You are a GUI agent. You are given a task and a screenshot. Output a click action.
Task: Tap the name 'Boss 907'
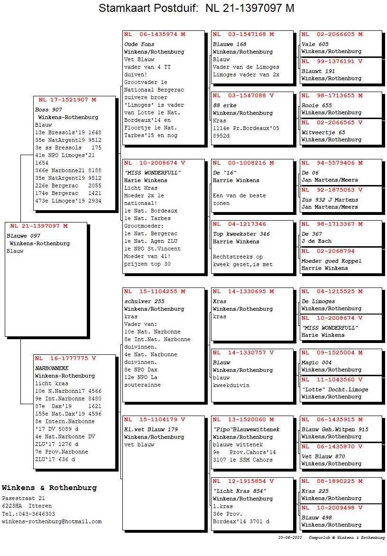[48, 110]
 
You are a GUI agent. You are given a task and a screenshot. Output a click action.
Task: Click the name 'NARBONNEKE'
[52, 368]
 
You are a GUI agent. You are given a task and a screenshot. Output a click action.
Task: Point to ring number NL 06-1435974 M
[155, 34]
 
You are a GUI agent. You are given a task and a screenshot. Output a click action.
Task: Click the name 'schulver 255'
[144, 301]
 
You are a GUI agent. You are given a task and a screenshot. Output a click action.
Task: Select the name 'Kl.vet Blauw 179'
[151, 429]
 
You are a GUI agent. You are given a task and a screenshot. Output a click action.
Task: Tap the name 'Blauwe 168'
[230, 44]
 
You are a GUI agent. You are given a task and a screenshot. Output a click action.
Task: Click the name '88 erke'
[224, 105]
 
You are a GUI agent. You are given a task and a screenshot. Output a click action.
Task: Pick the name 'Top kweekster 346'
[241, 234]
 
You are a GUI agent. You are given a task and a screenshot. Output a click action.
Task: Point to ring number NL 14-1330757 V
[243, 352]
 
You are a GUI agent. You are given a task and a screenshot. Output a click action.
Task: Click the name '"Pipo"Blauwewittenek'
[246, 429]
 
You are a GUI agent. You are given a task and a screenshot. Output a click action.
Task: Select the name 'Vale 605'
[315, 44]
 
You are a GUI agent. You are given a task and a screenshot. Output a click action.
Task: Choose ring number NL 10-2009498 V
[332, 508]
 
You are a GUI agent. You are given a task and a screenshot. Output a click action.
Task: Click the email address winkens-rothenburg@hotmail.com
[52, 521]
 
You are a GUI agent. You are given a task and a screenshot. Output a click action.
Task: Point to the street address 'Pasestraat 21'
[23, 498]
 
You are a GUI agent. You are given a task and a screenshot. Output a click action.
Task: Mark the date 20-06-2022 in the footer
[290, 538]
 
